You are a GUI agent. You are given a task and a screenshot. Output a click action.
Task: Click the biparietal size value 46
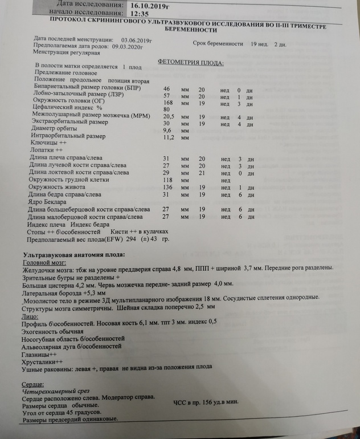click(x=167, y=90)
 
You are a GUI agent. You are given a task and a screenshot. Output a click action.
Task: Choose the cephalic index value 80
click(x=167, y=109)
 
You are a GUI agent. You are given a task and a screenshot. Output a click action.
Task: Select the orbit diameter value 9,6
click(x=168, y=131)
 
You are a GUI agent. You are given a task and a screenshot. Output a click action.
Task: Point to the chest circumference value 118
click(x=169, y=180)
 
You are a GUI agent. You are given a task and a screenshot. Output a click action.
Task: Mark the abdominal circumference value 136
click(x=169, y=188)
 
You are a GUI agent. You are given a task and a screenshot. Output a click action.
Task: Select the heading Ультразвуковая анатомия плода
click(x=72, y=254)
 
